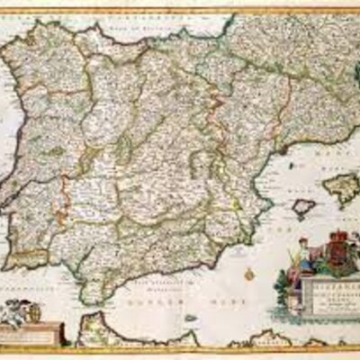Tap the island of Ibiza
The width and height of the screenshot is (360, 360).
click(x=304, y=208)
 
